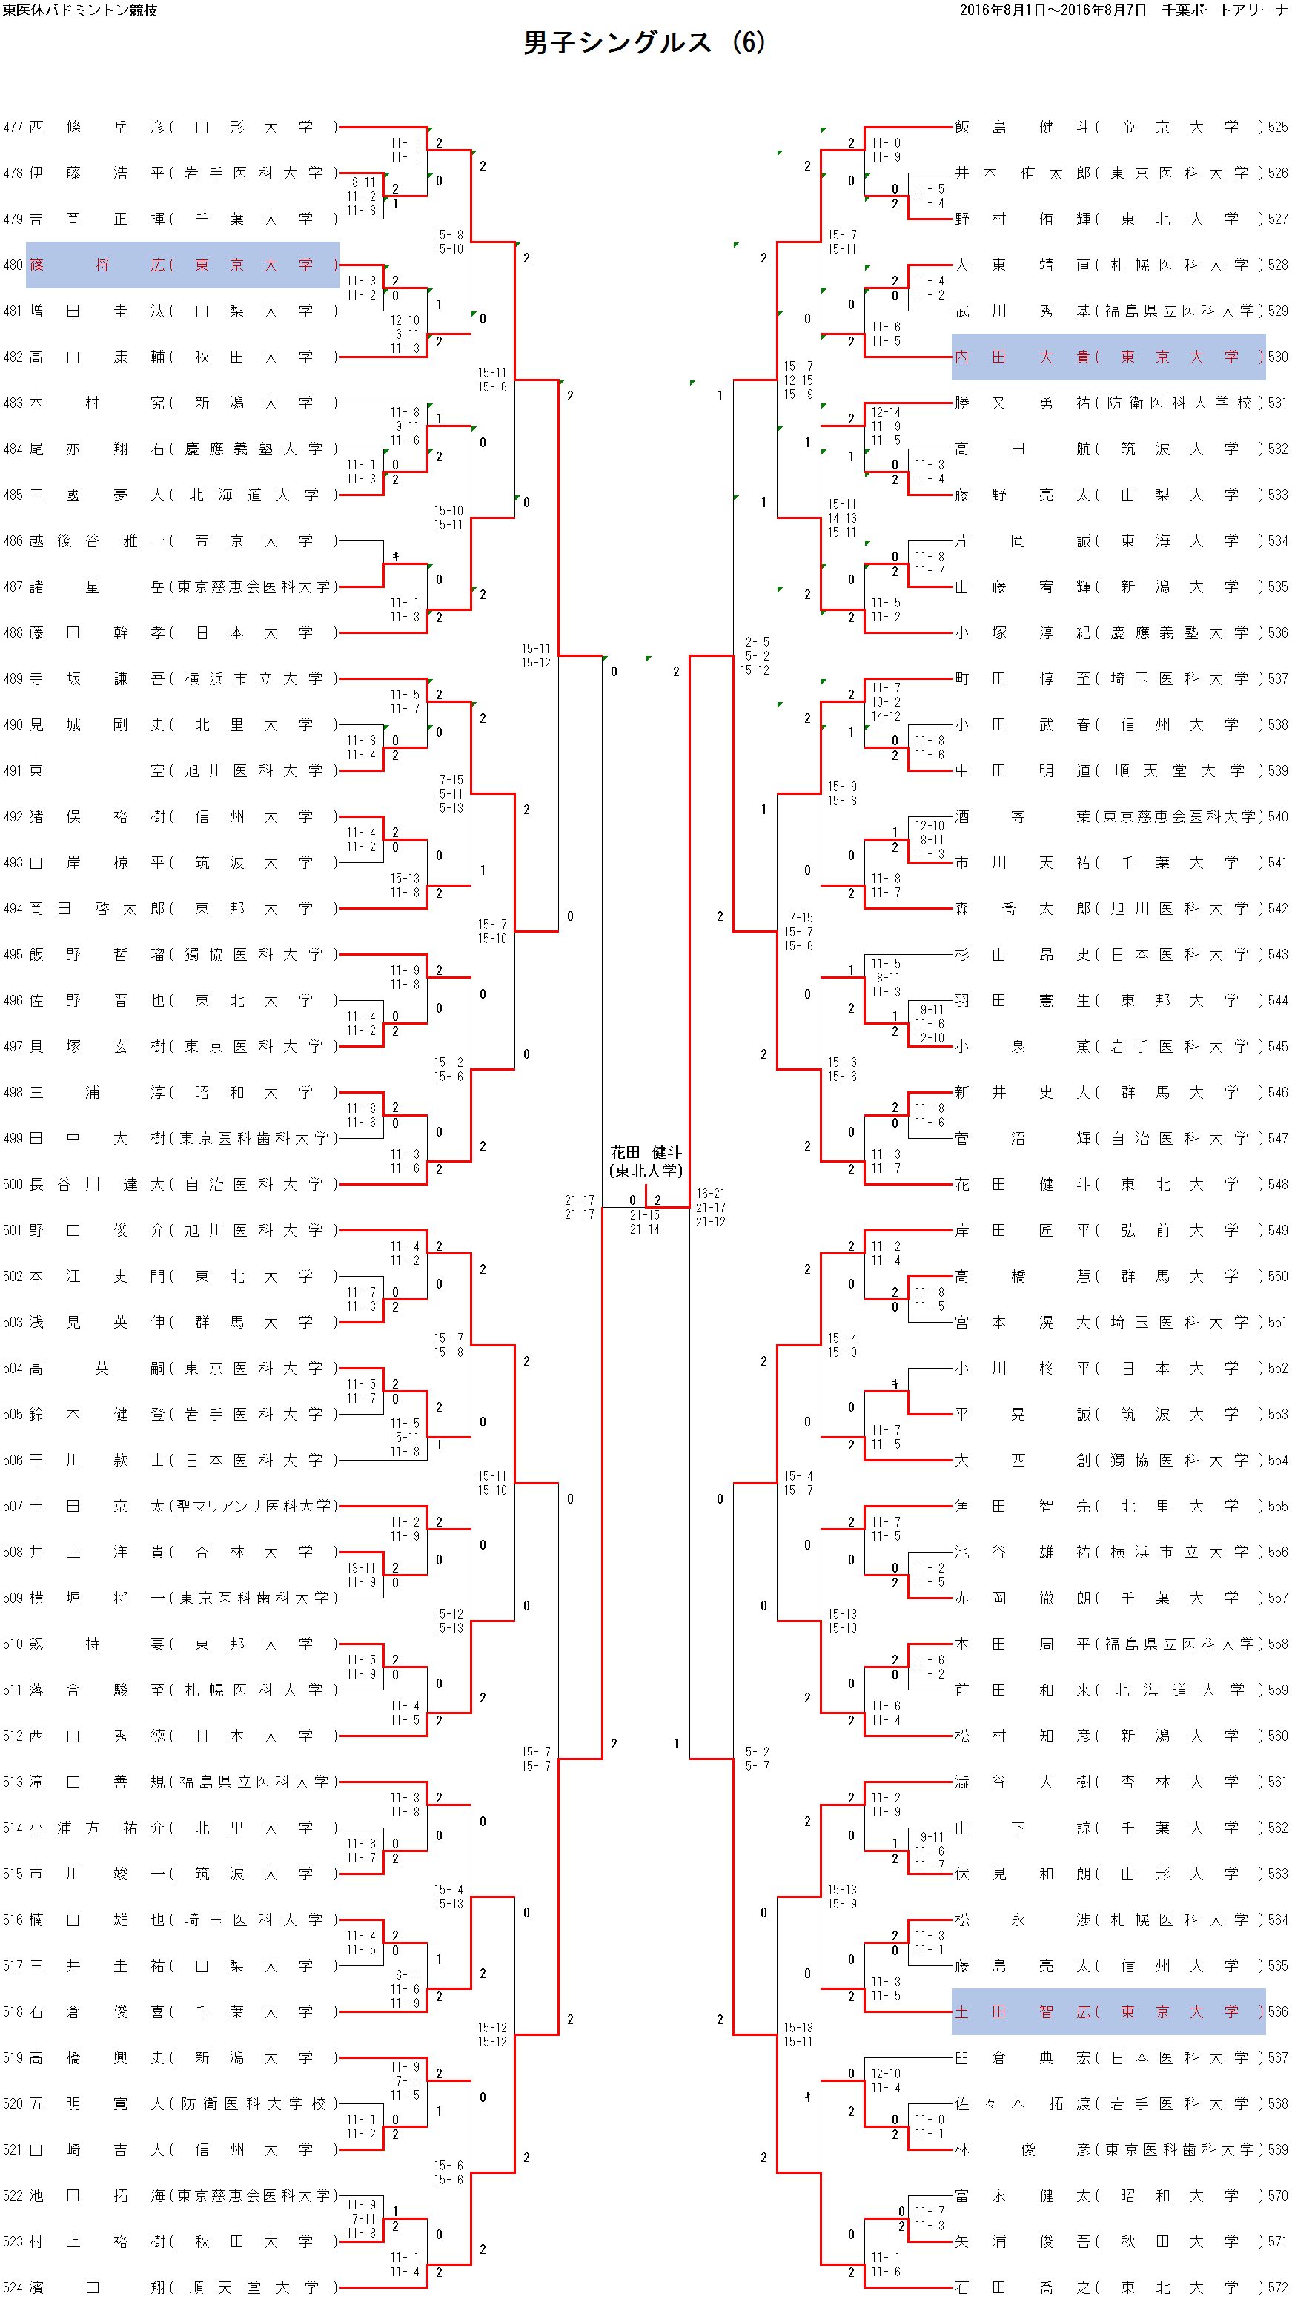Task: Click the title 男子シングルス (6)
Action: (x=644, y=43)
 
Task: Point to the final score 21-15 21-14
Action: (x=644, y=1222)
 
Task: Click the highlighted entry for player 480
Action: (x=183, y=265)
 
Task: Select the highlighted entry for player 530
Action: (x=1108, y=357)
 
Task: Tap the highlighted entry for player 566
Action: (x=1108, y=2012)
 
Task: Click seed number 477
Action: (x=13, y=128)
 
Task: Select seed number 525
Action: (x=1278, y=128)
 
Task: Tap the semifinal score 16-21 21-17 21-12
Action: (x=711, y=1208)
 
